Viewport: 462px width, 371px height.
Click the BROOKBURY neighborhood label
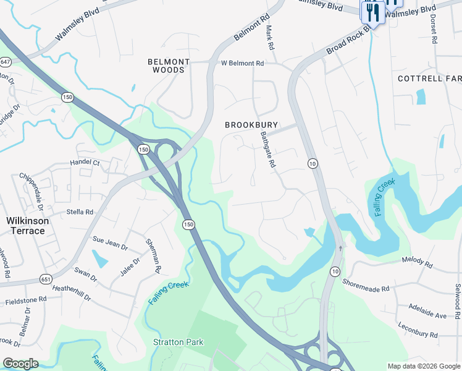[251, 125]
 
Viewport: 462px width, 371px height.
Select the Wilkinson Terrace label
[25, 226]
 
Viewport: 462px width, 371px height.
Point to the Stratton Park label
[178, 342]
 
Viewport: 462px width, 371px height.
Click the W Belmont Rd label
[243, 63]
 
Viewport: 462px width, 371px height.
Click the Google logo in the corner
[20, 364]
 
